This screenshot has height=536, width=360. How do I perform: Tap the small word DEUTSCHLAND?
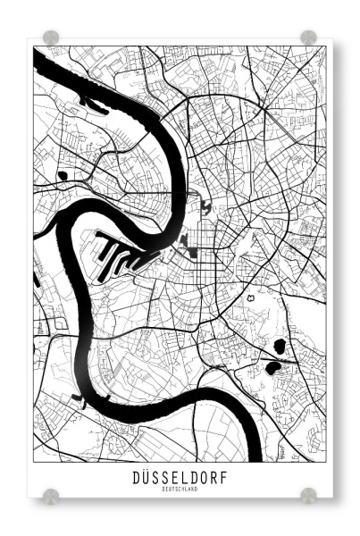pyautogui.click(x=180, y=490)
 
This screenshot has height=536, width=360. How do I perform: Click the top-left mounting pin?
pyautogui.click(x=51, y=38)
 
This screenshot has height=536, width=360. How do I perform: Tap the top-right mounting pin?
pyautogui.click(x=308, y=38)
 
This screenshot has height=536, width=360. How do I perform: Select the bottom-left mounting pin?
pyautogui.click(x=51, y=494)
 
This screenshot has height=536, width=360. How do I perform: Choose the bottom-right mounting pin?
pyautogui.click(x=308, y=494)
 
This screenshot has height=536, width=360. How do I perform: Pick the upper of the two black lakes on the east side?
pyautogui.click(x=279, y=346)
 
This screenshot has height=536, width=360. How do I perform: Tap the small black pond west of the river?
pyautogui.click(x=62, y=176)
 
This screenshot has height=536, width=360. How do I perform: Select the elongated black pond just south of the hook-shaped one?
pyautogui.click(x=183, y=239)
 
